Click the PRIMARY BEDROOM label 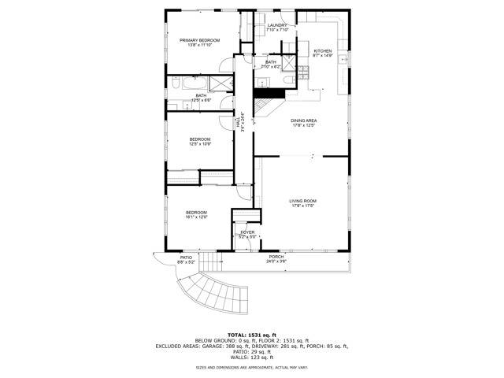[198, 40]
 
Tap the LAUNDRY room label [276, 25]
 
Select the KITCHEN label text [323, 51]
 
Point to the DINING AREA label [303, 120]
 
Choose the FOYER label [247, 232]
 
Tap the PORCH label [276, 257]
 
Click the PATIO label [186, 258]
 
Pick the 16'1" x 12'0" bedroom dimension [196, 217]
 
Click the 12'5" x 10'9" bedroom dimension [199, 144]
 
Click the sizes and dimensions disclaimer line [251, 367]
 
